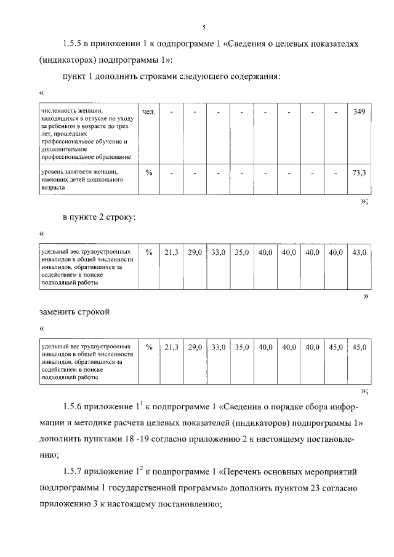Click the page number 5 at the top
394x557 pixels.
[x=203, y=26]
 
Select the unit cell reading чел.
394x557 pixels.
[x=148, y=112]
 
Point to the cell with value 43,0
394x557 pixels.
[x=359, y=252]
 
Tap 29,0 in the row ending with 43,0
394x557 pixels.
[x=195, y=252]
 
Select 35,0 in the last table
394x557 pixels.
[x=241, y=348]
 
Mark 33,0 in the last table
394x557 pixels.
[x=219, y=348]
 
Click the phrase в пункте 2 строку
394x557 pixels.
[x=98, y=217]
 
